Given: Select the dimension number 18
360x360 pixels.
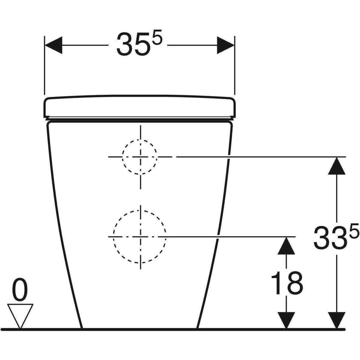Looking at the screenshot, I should click(286, 283).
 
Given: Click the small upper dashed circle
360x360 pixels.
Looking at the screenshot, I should click(139, 157).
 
